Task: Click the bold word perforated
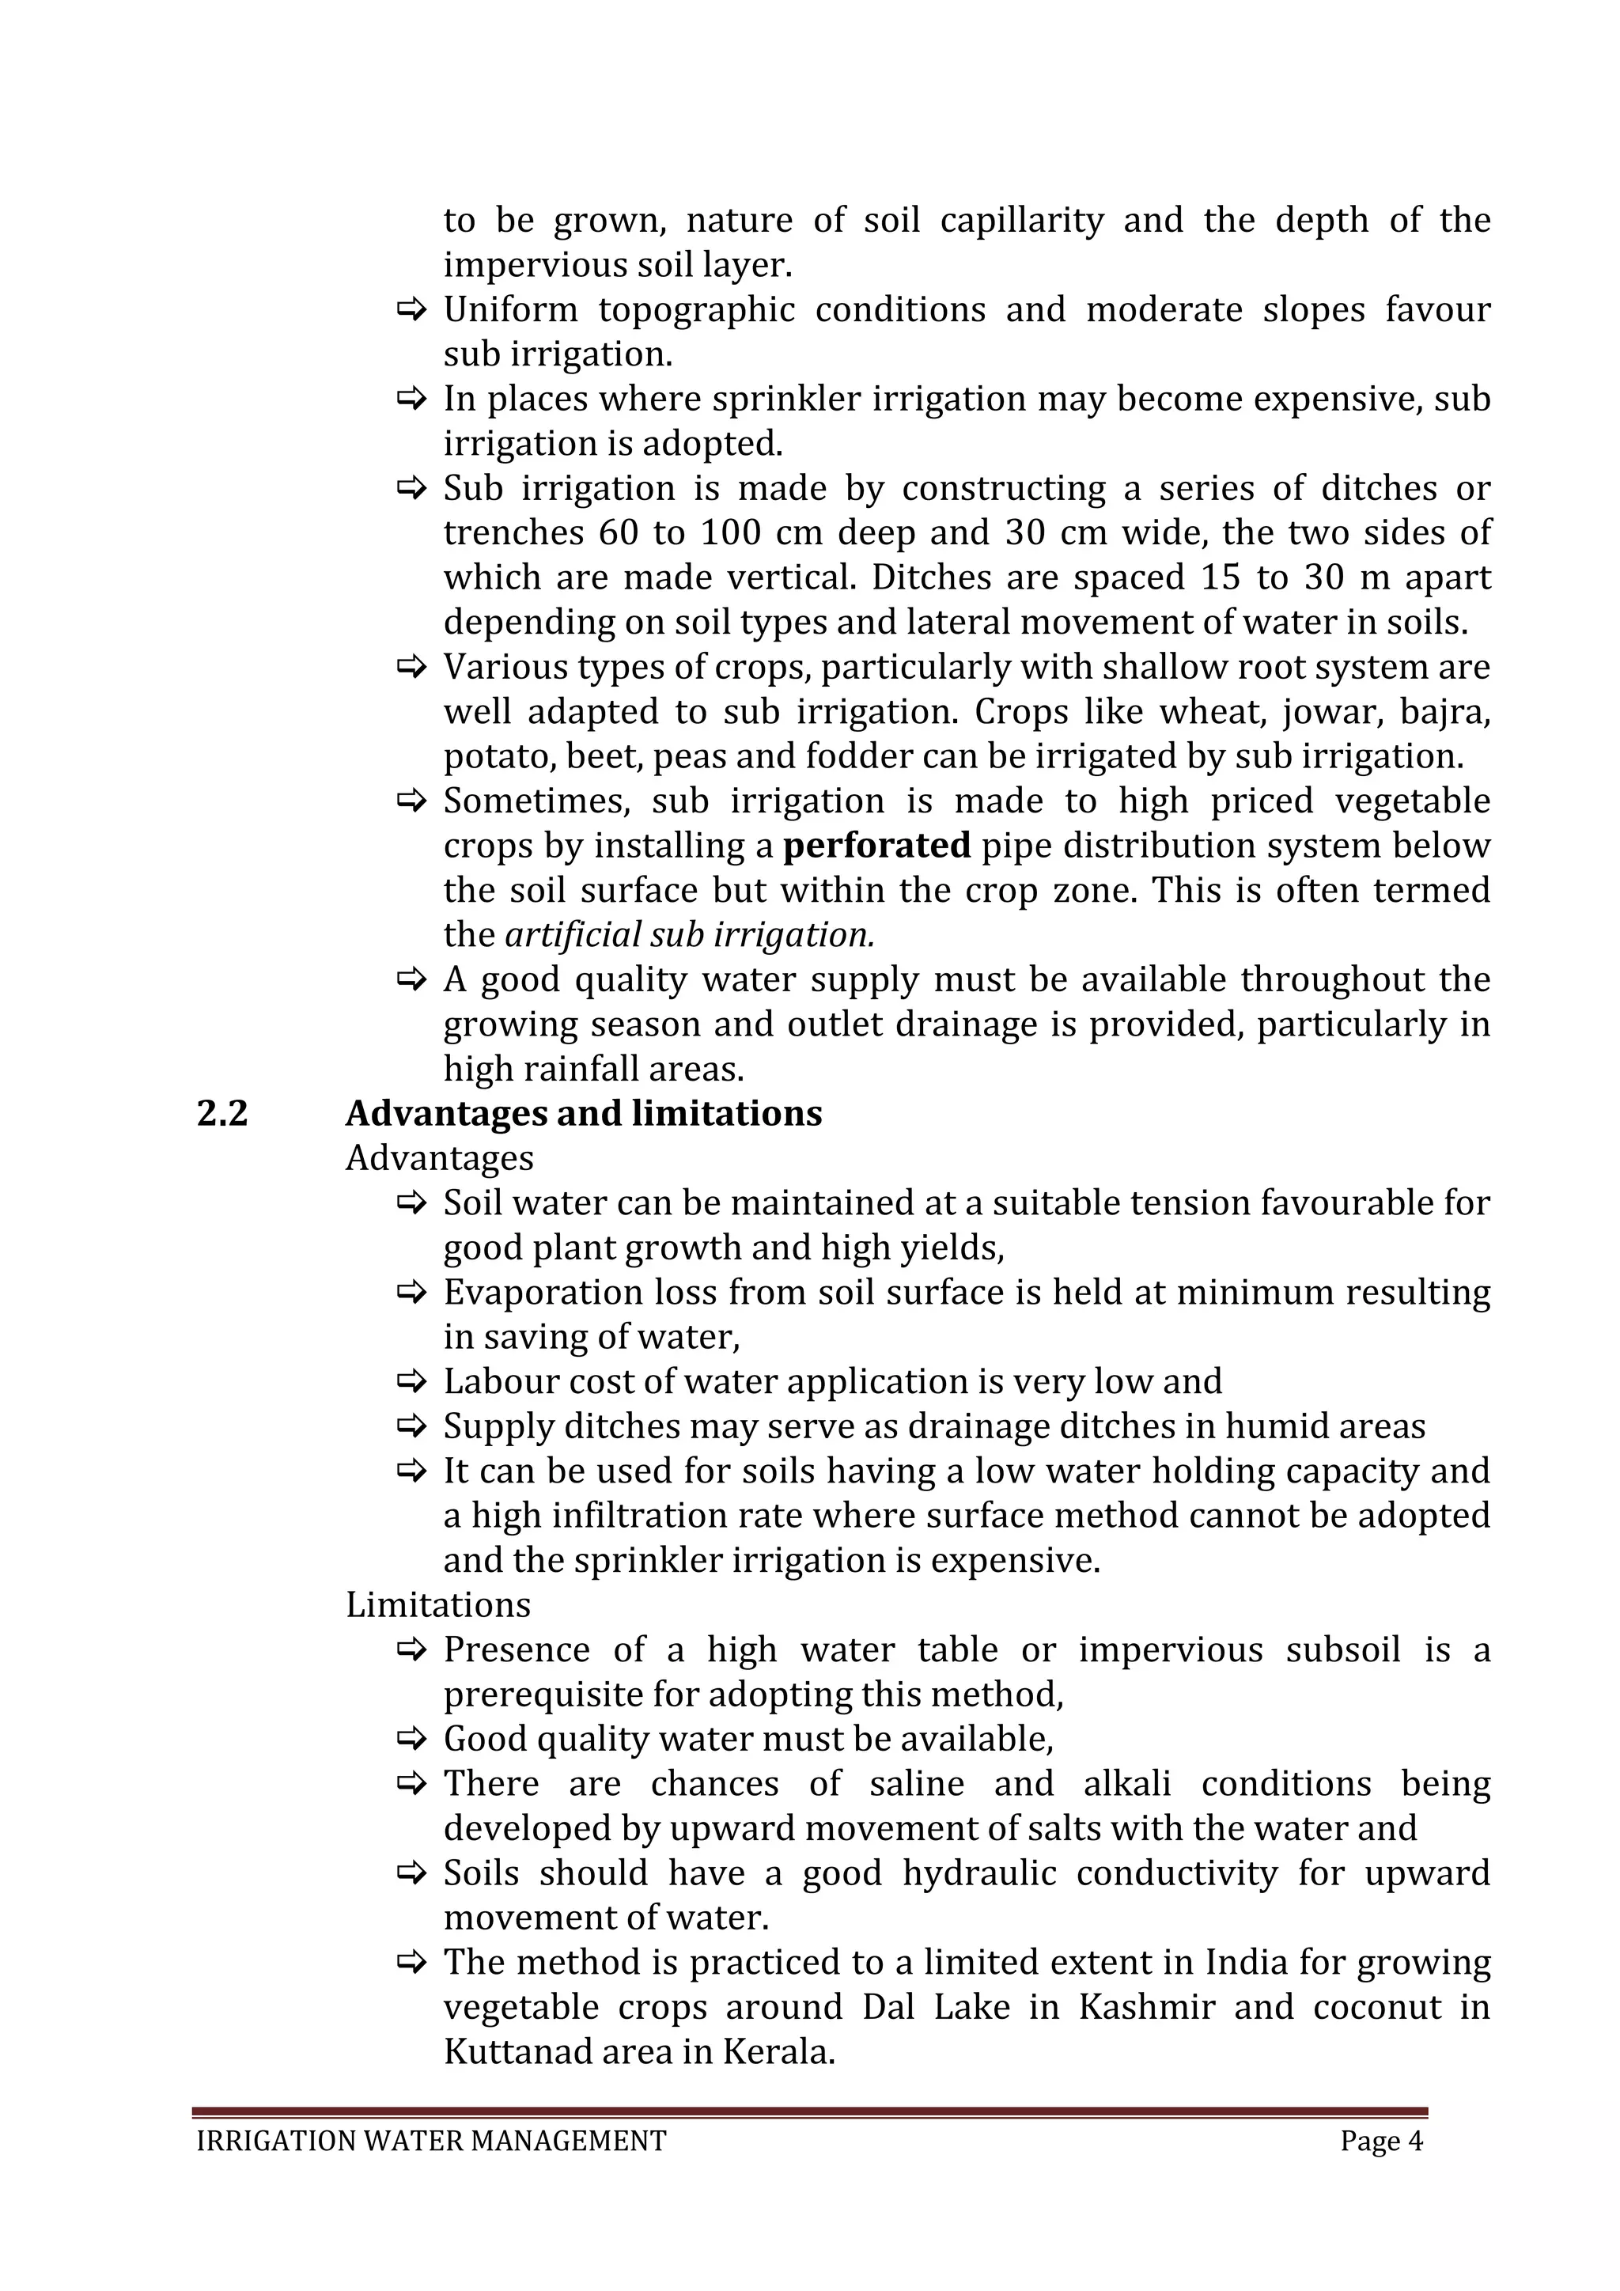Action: [876, 846]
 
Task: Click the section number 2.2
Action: [221, 1114]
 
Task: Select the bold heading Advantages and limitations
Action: [584, 1114]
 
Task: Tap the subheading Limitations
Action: [438, 1605]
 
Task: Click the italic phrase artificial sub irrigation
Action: [689, 935]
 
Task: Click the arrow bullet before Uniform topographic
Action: [411, 310]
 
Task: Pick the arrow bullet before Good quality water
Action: [411, 1739]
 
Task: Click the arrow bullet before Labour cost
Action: [411, 1382]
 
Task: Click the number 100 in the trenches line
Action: [731, 533]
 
